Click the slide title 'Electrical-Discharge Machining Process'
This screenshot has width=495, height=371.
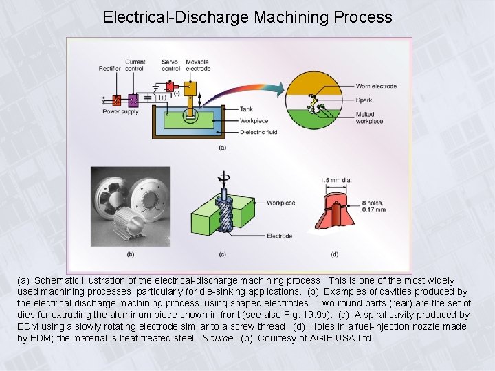(x=247, y=16)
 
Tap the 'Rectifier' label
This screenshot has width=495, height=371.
(x=111, y=68)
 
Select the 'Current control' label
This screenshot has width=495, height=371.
(x=135, y=65)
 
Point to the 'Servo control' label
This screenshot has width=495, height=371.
(x=170, y=65)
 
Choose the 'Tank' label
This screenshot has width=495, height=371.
(x=245, y=109)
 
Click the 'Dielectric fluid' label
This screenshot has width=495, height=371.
(x=258, y=131)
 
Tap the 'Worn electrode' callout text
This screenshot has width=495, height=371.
(x=376, y=86)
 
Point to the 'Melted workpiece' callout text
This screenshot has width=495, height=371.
(x=369, y=117)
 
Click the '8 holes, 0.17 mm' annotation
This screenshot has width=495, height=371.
(x=374, y=206)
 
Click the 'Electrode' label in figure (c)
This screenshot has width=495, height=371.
(x=279, y=236)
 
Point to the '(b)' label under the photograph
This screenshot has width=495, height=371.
(x=131, y=254)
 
